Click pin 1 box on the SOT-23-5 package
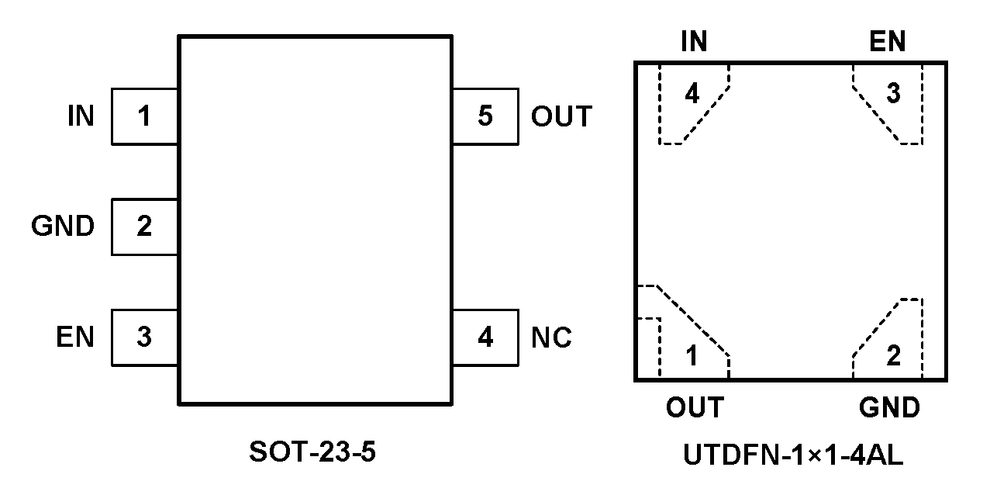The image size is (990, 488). [144, 116]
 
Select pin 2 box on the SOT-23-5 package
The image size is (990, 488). [144, 227]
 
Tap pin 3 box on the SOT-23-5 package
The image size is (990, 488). [144, 337]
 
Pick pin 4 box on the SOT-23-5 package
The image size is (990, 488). [485, 337]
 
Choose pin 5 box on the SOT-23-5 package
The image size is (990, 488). [485, 116]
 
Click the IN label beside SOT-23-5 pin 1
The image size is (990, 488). [81, 116]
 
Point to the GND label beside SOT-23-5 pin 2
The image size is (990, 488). [63, 227]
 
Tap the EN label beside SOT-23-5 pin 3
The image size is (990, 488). [74, 337]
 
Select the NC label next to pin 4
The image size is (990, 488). [551, 337]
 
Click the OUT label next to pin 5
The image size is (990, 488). [561, 116]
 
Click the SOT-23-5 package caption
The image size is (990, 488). [312, 452]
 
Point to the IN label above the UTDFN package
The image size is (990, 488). [694, 42]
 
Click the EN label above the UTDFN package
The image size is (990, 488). [888, 42]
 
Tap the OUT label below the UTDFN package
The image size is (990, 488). [694, 407]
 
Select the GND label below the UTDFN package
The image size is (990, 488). [889, 407]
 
